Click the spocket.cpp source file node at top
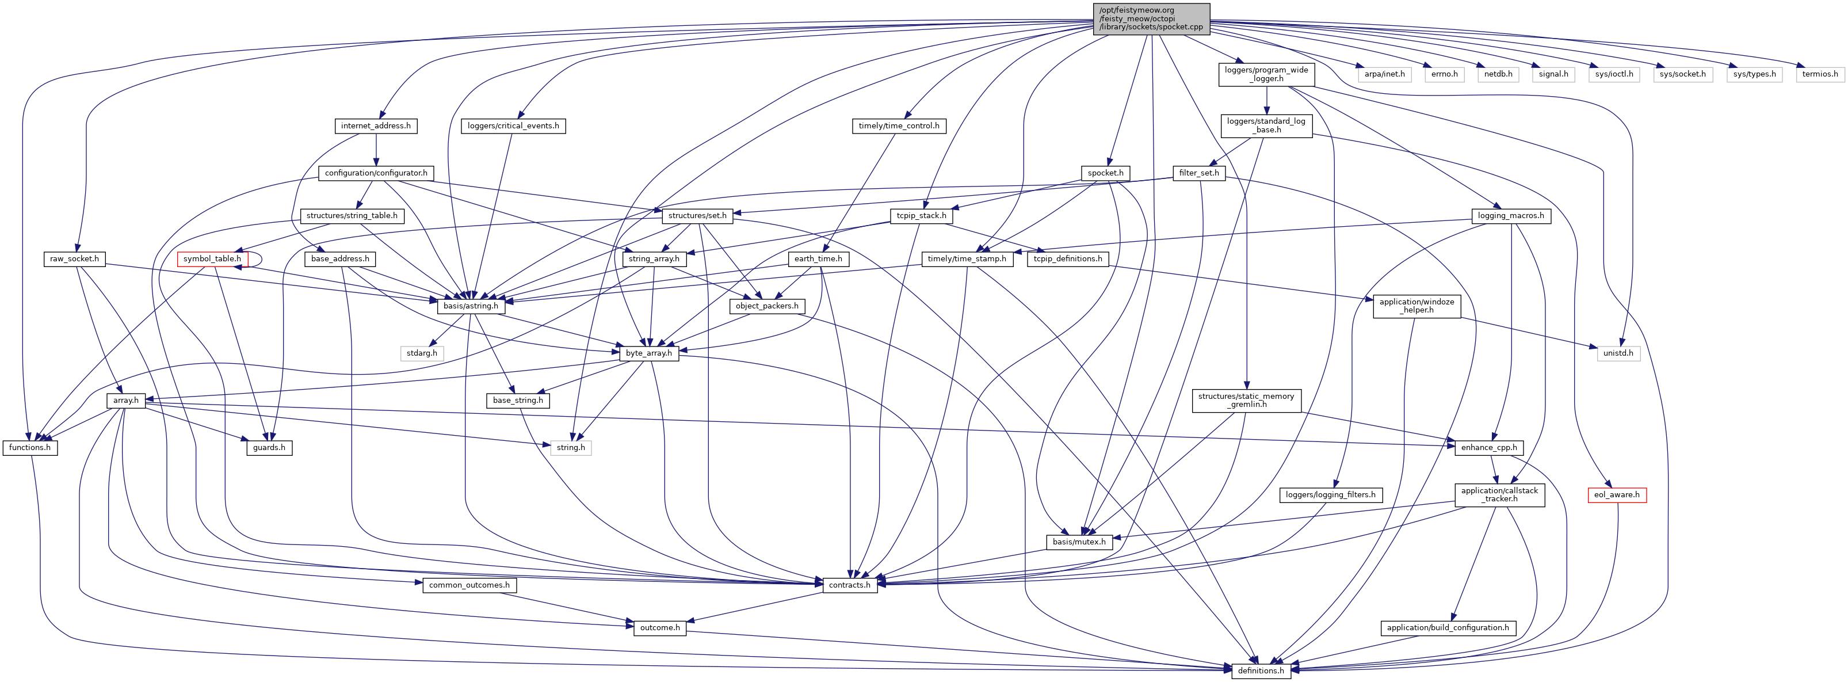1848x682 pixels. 1151,18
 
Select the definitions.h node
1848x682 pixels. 1261,670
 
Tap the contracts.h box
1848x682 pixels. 849,585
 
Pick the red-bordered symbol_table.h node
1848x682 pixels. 212,258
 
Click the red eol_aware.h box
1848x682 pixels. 1616,494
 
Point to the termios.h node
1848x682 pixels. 1820,74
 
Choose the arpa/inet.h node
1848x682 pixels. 1385,74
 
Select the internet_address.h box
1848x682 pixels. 376,125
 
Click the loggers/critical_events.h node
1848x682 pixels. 513,125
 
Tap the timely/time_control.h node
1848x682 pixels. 898,125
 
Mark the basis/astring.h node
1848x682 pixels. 471,306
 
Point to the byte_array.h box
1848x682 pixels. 648,353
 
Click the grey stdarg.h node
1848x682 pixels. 422,353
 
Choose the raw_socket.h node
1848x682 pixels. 75,258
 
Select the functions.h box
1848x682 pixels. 29,447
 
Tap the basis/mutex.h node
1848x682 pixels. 1079,542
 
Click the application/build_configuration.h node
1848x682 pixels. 1448,627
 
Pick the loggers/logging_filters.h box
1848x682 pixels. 1330,494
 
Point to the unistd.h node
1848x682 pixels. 1618,353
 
